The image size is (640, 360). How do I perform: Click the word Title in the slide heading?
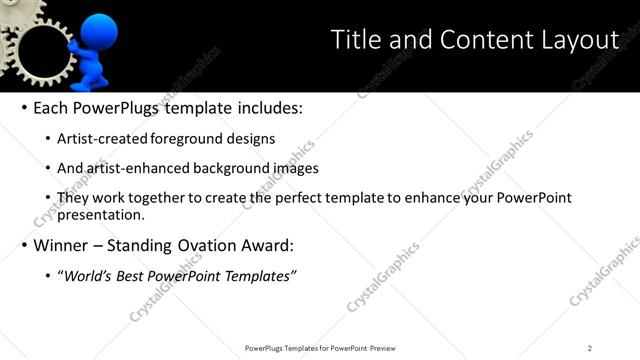[x=355, y=40]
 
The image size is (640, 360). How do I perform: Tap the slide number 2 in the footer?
[x=590, y=348]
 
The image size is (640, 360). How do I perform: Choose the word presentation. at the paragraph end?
[x=103, y=214]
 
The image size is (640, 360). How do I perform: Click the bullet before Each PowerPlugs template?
[x=23, y=108]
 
